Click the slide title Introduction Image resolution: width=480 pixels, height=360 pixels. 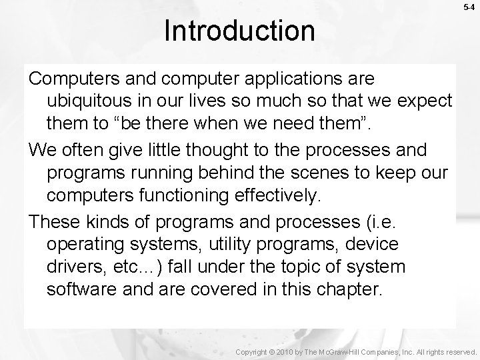239,30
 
